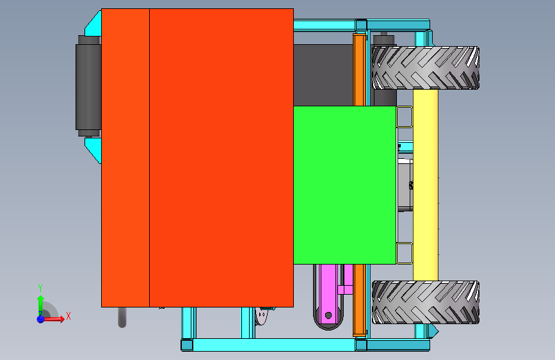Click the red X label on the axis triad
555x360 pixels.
[x=68, y=316]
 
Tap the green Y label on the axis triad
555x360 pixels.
[x=40, y=288]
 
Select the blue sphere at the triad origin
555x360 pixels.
[x=40, y=318]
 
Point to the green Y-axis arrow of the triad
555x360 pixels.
[x=40, y=302]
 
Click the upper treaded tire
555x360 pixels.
[x=426, y=68]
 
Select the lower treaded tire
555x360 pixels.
[x=426, y=302]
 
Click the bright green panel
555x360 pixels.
[x=344, y=185]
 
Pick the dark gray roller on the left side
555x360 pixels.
[x=88, y=86]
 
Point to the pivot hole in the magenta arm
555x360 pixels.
[x=328, y=315]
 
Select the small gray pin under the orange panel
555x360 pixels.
[x=122, y=316]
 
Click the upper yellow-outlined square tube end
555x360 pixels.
[x=405, y=117]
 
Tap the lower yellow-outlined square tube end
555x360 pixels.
[x=405, y=253]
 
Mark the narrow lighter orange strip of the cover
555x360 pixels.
[x=125, y=158]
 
